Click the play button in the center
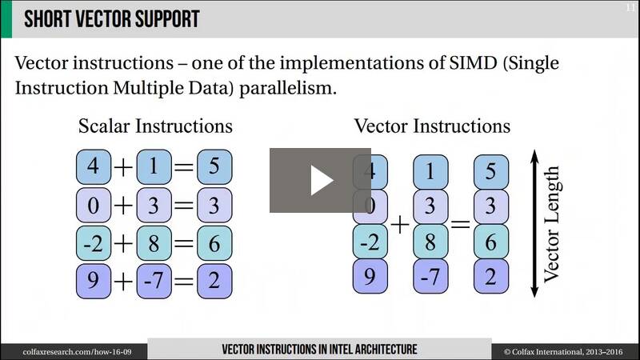(x=320, y=180)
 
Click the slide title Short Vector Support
(x=111, y=18)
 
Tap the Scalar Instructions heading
(x=155, y=126)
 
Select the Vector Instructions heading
(x=432, y=126)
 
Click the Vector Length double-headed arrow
(x=534, y=223)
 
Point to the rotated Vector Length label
(x=552, y=224)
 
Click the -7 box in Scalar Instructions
(x=154, y=281)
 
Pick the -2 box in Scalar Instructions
(x=94, y=243)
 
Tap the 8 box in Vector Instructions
(x=430, y=242)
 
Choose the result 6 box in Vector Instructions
(x=491, y=242)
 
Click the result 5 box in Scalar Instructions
(x=214, y=166)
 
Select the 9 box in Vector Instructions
(x=370, y=276)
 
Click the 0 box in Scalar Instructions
(x=94, y=205)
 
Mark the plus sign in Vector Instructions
(x=400, y=225)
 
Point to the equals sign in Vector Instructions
(x=461, y=224)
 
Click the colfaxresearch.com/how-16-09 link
(x=77, y=352)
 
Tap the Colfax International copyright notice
(x=563, y=352)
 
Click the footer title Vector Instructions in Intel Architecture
(x=319, y=350)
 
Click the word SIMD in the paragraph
(x=473, y=63)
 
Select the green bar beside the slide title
(x=6, y=18)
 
